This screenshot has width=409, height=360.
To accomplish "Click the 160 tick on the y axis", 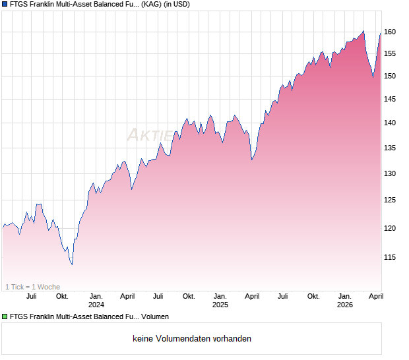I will [x=390, y=32].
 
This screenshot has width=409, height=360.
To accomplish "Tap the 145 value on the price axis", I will [x=390, y=99].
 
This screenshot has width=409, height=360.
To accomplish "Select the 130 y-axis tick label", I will [x=390, y=173].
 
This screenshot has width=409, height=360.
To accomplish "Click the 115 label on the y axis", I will [x=390, y=257].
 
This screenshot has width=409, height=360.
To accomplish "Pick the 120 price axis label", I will [x=390, y=228].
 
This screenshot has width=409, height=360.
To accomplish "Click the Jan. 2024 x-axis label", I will [x=96, y=300].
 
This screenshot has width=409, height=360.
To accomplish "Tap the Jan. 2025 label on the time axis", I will [x=220, y=300].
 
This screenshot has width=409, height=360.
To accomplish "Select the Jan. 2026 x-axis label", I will [x=344, y=300].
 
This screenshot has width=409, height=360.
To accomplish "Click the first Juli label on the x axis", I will [x=31, y=296].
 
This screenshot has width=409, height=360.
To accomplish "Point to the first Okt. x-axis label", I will [x=62, y=296].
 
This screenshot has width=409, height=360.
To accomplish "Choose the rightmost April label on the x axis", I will [x=375, y=296].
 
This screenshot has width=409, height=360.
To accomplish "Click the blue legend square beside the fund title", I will [x=5, y=5].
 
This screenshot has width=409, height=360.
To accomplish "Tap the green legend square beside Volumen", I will [x=5, y=317].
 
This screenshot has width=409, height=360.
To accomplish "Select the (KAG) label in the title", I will [x=153, y=5].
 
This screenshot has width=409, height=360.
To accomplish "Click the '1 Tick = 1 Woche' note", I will [x=33, y=286].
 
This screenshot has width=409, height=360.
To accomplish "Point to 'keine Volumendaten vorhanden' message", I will [x=192, y=339].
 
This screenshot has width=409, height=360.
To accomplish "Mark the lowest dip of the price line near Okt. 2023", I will [x=72, y=264].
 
